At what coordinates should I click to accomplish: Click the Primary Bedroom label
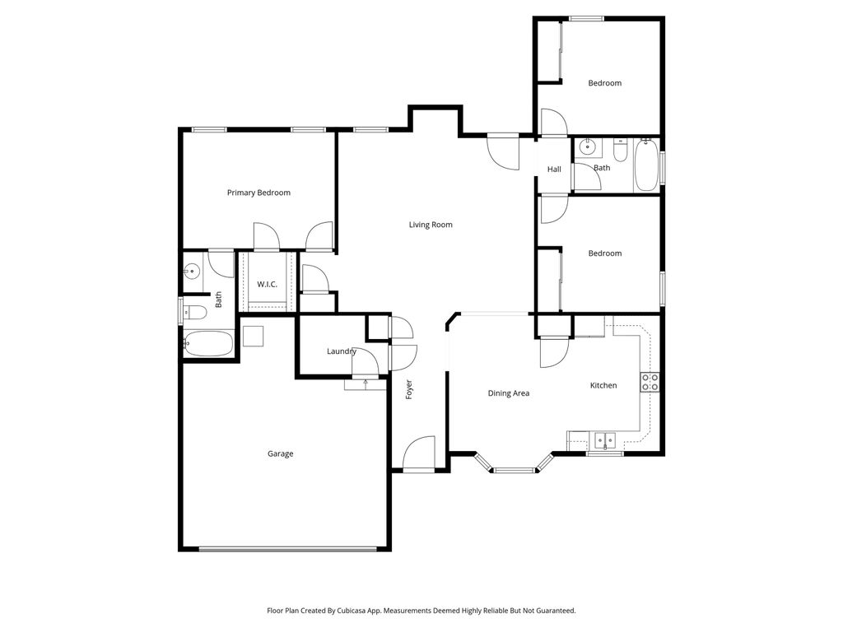point(258,193)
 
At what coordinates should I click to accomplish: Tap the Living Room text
point(431,225)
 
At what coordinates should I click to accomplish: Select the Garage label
point(280,453)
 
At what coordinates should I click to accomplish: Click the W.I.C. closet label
point(267,284)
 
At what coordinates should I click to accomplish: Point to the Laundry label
point(341,351)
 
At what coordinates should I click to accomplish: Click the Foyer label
point(408,389)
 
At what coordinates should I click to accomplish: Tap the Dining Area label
point(508,393)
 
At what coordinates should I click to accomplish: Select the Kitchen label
point(603,385)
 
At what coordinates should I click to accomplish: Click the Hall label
point(554,170)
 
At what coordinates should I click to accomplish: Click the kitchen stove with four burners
point(650,382)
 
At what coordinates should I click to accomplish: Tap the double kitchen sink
point(606,440)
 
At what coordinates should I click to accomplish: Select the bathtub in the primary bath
point(207,344)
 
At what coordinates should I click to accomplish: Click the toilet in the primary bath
point(194,312)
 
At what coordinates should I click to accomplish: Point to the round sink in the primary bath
point(193,271)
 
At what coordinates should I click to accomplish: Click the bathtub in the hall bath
point(645,165)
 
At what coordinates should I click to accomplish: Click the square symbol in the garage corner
point(253,337)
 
